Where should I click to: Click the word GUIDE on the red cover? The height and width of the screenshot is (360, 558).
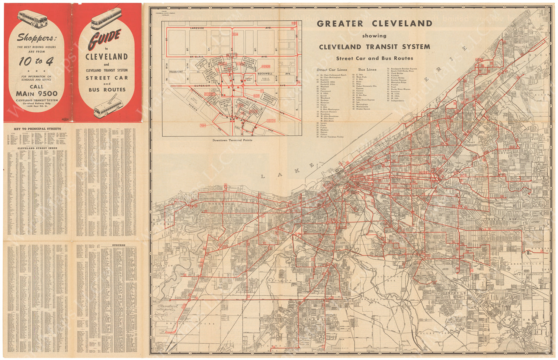tap(105, 39)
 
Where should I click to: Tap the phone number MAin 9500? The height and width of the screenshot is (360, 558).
tap(36, 94)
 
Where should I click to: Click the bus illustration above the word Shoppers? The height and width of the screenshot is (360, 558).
tap(33, 19)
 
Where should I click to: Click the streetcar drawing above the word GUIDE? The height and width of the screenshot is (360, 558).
tap(106, 19)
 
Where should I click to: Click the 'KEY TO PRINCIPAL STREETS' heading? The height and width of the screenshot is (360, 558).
tap(37, 129)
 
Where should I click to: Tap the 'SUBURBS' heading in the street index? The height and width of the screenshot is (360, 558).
tap(119, 245)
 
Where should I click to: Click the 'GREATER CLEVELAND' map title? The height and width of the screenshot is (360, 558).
tap(374, 23)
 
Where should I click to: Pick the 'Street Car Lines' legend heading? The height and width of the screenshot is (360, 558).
tap(331, 70)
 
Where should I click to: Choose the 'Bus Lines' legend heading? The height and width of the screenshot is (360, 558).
tap(367, 70)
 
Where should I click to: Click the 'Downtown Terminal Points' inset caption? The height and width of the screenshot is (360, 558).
tap(232, 140)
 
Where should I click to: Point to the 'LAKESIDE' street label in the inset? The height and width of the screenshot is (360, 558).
tap(198, 28)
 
